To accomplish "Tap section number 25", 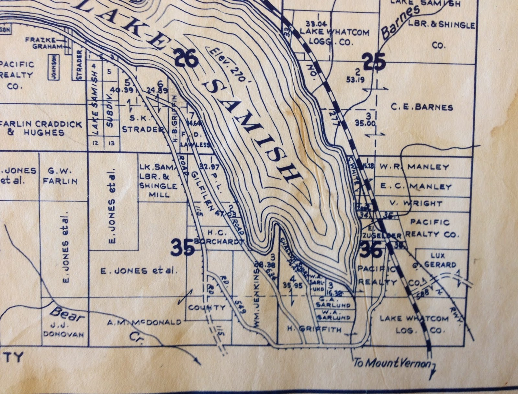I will pos(374,62).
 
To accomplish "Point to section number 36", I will pos(371,250).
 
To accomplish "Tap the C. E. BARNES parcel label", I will pos(422,107).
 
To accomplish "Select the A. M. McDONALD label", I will pos(144,322).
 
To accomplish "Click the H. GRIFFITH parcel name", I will pos(314,330).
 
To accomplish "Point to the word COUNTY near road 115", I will pos(206,307).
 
